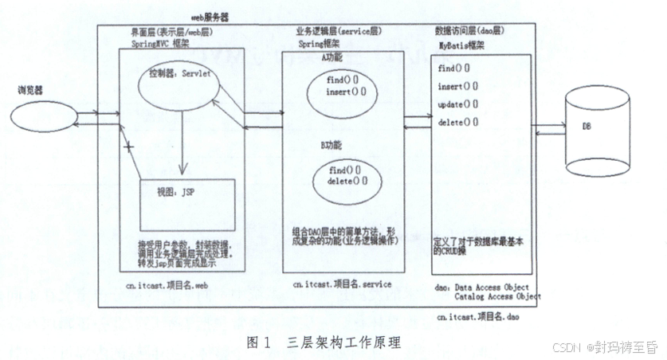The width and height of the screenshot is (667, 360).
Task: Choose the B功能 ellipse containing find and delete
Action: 347,175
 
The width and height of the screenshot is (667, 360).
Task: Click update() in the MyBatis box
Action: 458,104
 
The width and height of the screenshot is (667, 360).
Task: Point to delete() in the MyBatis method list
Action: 458,123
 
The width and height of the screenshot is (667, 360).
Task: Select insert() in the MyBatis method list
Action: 458,86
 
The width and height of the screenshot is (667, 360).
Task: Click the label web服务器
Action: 210,17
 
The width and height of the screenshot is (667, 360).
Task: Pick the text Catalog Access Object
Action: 497,296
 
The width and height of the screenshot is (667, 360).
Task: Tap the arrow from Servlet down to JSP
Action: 182,143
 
